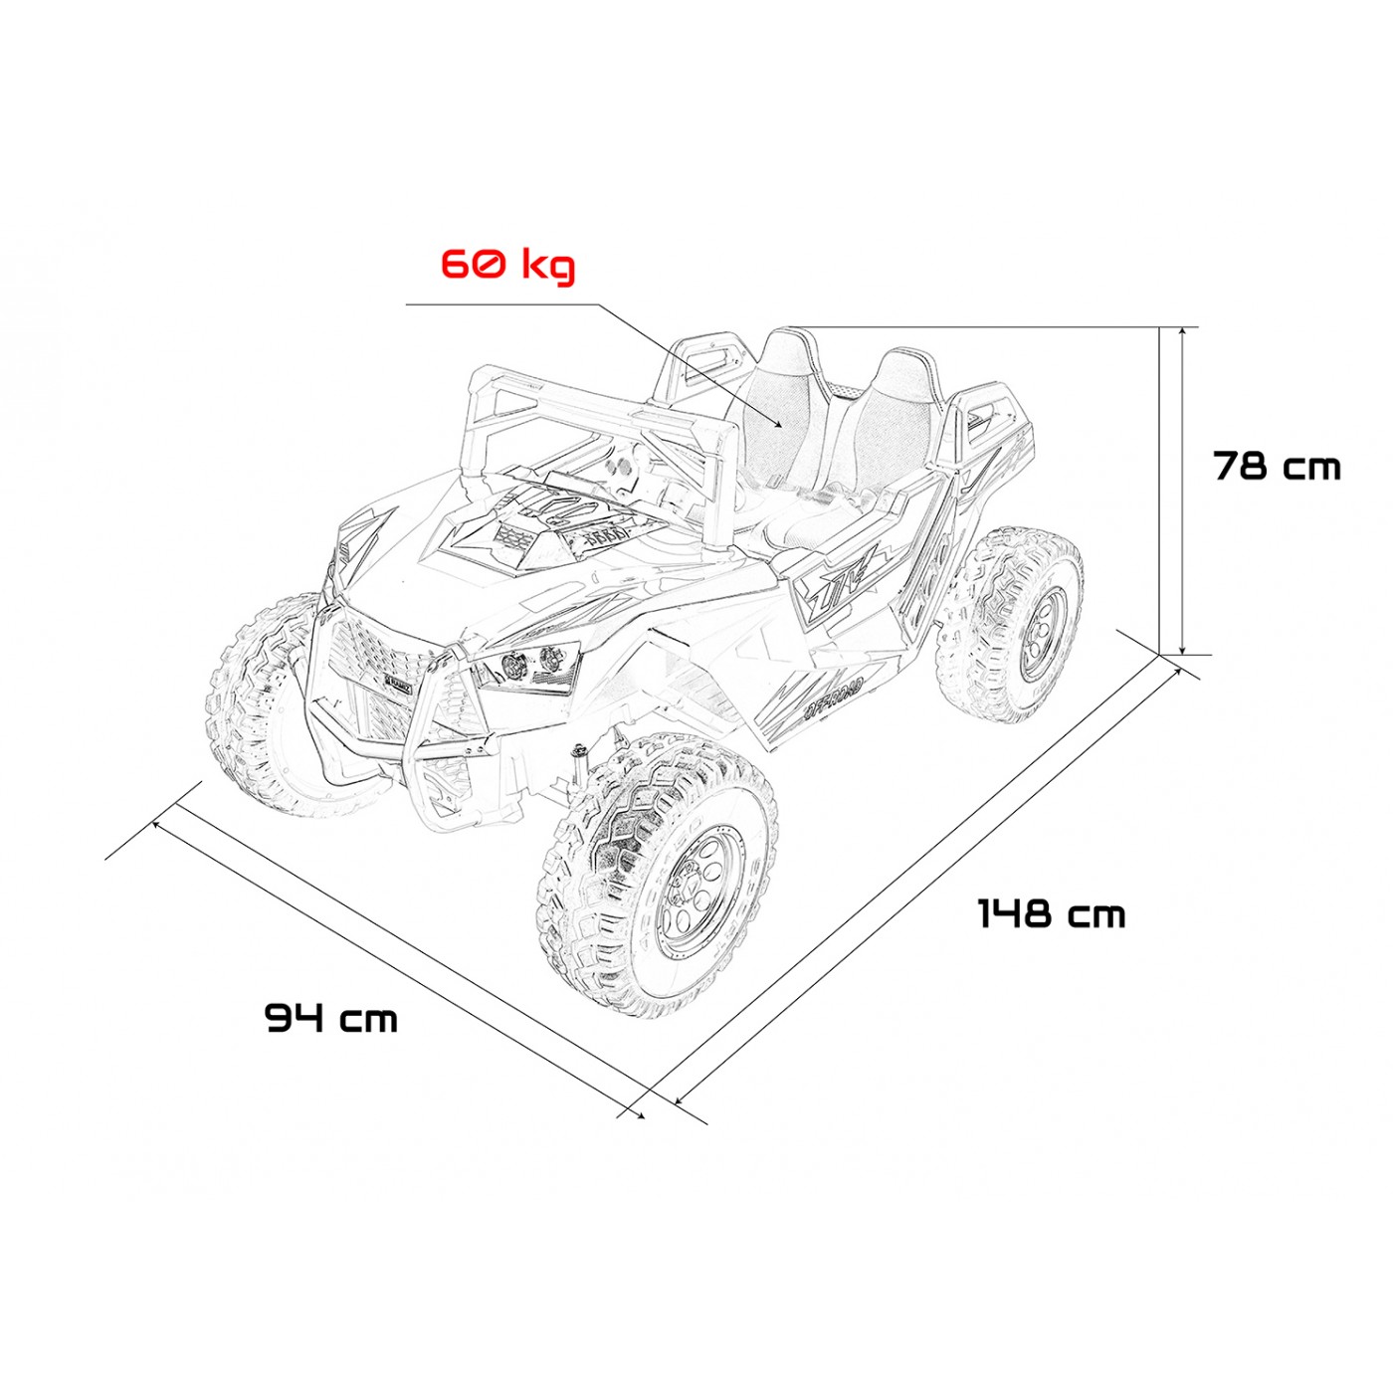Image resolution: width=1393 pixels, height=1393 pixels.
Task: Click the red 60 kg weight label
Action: (507, 265)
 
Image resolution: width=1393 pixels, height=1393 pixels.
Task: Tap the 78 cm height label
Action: (1277, 466)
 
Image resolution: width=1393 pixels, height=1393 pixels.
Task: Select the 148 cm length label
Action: (1051, 913)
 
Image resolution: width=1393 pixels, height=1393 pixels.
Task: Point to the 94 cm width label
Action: (331, 1017)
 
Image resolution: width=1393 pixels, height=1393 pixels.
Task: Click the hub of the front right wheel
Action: (696, 884)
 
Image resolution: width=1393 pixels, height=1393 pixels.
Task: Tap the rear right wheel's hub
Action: (1041, 633)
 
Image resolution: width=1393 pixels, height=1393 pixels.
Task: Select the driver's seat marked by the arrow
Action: (776, 408)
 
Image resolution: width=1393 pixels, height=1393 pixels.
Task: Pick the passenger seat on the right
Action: (891, 418)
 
